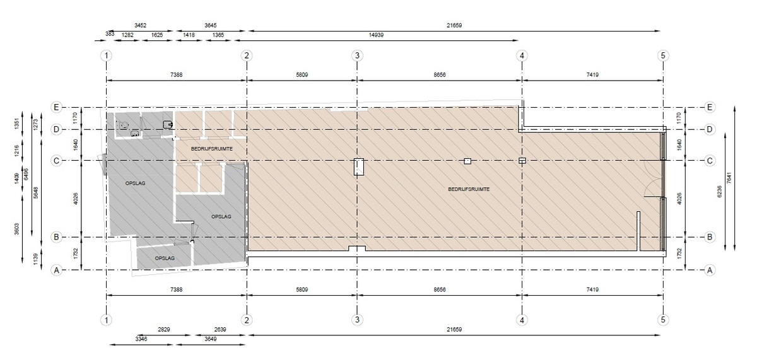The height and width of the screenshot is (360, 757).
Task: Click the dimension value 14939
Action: click(376, 35)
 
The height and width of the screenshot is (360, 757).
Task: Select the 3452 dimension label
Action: click(140, 25)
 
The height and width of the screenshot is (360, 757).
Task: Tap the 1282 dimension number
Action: click(127, 35)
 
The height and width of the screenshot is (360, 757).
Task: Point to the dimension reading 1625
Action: click(157, 35)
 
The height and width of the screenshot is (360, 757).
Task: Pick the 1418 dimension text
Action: click(189, 35)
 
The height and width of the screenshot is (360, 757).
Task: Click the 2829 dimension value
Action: click(163, 329)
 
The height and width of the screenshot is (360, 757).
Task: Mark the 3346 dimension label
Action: click(141, 339)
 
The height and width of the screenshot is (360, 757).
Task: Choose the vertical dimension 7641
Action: click(729, 178)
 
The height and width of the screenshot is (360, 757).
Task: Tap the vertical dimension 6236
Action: click(719, 192)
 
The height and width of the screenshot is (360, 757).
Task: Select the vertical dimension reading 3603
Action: click(17, 229)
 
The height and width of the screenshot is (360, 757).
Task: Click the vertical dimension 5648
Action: click(36, 193)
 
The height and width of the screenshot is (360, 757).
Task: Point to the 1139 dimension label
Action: click(36, 259)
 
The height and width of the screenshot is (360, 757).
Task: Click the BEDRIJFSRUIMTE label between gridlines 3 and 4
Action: click(469, 189)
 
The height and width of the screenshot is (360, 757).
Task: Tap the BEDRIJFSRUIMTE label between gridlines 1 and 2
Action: click(212, 149)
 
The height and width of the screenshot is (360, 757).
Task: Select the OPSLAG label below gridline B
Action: click(165, 258)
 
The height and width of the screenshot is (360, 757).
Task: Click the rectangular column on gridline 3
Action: click(358, 167)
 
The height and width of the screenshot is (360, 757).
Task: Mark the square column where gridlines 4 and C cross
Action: click(522, 161)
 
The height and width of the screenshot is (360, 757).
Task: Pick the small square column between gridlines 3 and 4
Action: click(467, 161)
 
